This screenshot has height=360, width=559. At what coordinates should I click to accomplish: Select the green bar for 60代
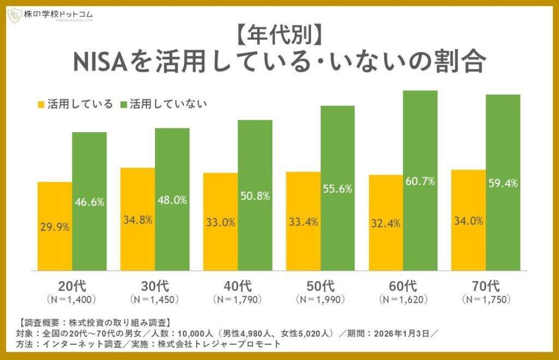[x=420, y=180]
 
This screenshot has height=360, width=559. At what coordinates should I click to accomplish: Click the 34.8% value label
[x=138, y=222]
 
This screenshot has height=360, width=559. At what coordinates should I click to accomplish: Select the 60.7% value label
[x=420, y=181]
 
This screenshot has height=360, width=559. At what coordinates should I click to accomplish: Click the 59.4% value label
[x=503, y=184]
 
